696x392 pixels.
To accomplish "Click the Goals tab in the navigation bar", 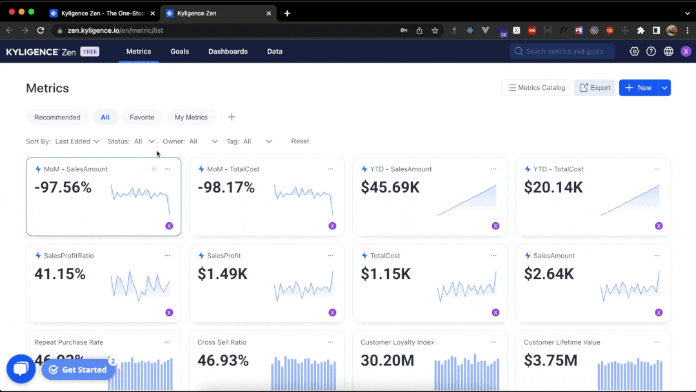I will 179,52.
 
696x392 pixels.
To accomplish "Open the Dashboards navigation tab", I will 228,52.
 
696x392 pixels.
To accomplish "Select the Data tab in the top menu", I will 275,52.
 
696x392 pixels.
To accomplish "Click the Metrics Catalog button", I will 535,88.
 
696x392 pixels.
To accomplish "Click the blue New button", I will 639,88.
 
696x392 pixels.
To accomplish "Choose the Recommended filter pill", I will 57,118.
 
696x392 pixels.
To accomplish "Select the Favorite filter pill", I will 142,118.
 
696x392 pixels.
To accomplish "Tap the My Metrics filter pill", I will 191,118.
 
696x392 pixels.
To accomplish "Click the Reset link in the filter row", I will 300,141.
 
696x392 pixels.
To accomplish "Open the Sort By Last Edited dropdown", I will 77,141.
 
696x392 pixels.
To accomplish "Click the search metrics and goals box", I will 562,52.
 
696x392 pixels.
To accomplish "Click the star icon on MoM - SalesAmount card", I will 154,169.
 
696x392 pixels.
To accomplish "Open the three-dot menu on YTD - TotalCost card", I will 657,169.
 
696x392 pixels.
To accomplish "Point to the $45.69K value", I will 391,188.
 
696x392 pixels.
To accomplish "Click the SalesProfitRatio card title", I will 68,256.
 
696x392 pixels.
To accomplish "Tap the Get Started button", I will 78,370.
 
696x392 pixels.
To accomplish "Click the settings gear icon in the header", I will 634,52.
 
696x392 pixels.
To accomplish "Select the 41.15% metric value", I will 60,274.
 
